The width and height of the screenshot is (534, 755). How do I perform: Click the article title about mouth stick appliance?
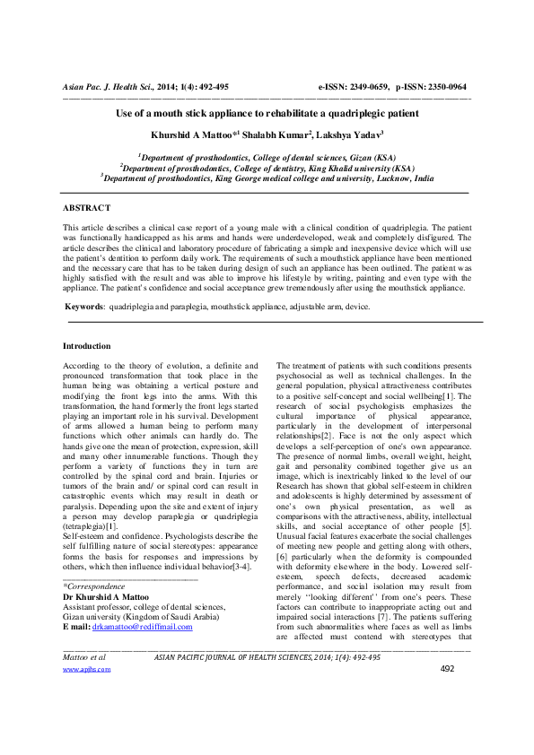click(267, 115)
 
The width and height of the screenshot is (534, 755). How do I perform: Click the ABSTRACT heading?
click(87, 207)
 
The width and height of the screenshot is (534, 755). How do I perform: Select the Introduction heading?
click(87, 345)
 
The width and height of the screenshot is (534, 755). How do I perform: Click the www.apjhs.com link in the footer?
click(79, 694)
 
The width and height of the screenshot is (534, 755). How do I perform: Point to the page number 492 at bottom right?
click(448, 694)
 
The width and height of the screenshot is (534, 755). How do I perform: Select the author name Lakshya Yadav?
click(350, 135)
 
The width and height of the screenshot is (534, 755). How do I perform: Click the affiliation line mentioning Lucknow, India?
click(267, 178)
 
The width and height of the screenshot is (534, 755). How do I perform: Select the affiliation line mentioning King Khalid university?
click(267, 167)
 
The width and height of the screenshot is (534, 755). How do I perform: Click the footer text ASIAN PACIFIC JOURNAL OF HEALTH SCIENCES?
click(242, 681)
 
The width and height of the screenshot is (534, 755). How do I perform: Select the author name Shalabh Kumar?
click(279, 135)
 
